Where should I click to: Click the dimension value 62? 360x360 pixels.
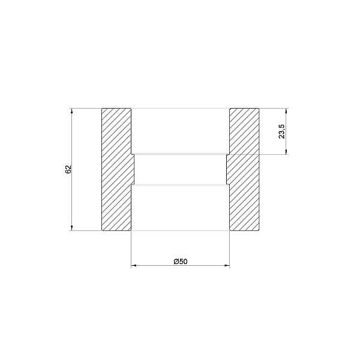point(68,169)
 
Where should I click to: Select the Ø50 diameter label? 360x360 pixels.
point(180,261)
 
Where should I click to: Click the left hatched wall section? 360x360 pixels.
point(116,169)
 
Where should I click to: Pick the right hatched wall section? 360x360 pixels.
point(244,169)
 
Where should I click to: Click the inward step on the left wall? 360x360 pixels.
point(133,169)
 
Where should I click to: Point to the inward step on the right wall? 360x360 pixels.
point(227,169)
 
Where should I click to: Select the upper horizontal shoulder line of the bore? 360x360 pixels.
point(180,154)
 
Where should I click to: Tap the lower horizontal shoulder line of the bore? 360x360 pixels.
point(180,185)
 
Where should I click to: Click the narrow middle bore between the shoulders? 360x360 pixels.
point(180,169)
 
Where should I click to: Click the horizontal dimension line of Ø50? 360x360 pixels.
point(156,265)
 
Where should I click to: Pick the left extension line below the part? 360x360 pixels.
point(131,249)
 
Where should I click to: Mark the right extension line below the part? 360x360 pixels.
point(229,249)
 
